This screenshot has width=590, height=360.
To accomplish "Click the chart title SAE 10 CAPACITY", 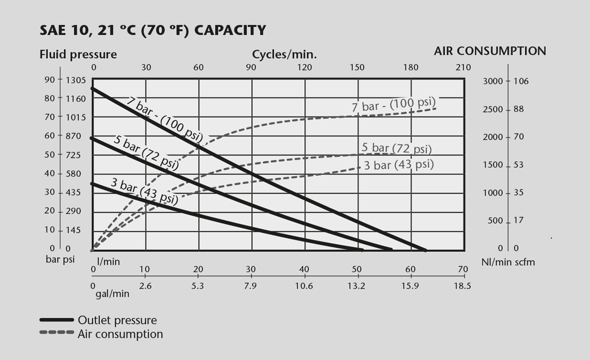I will pyautogui.click(x=153, y=31).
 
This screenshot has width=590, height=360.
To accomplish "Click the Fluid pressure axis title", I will pyautogui.click(x=78, y=54).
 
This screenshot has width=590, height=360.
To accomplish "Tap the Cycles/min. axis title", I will pyautogui.click(x=285, y=54).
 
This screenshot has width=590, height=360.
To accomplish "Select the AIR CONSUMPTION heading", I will pyautogui.click(x=490, y=51).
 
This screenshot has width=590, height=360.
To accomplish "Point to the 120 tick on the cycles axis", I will pyautogui.click(x=304, y=67).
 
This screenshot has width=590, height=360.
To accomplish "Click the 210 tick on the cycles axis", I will pyautogui.click(x=463, y=67).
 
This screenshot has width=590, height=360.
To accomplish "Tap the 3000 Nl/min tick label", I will pyautogui.click(x=493, y=81).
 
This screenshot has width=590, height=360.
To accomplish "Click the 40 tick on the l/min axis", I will pyautogui.click(x=304, y=269).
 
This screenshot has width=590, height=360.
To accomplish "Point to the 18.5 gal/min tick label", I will pyautogui.click(x=463, y=286).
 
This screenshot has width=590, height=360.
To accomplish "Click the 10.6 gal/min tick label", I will pyautogui.click(x=304, y=286).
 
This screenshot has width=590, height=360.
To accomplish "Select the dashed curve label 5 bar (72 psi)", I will pyautogui.click(x=397, y=149).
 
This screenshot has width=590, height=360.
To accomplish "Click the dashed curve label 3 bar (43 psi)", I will pyautogui.click(x=399, y=165).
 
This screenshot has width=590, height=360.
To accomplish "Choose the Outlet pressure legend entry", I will pyautogui.click(x=117, y=320).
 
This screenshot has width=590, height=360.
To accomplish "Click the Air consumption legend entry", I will pyautogui.click(x=120, y=335).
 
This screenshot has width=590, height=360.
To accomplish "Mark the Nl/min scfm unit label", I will pyautogui.click(x=508, y=262).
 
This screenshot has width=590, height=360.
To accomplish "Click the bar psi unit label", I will pyautogui.click(x=60, y=259).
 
